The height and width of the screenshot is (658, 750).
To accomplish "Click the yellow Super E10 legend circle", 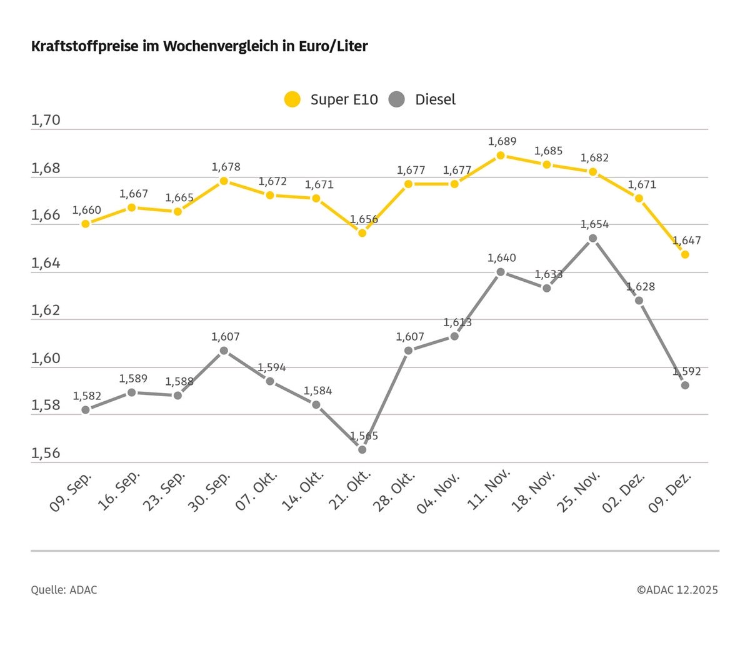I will click(x=292, y=99).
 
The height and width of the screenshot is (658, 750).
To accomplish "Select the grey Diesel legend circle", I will click(x=397, y=99).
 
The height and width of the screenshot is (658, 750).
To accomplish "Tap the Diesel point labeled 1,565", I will click(x=362, y=449).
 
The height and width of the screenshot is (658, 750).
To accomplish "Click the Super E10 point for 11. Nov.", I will click(x=501, y=155).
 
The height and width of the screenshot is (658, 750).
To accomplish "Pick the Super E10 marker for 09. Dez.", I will click(x=685, y=254).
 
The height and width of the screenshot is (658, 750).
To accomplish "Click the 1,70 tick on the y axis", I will click(x=46, y=120).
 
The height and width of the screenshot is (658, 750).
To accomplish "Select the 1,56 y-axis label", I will click(x=46, y=453).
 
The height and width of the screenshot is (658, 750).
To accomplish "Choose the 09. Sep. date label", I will click(x=71, y=492).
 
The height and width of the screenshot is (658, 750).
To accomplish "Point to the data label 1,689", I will click(x=502, y=141).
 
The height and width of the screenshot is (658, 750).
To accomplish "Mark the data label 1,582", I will click(x=87, y=396).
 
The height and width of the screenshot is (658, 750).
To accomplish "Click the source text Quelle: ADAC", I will click(x=64, y=589).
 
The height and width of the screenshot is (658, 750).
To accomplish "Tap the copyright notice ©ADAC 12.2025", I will click(x=677, y=589).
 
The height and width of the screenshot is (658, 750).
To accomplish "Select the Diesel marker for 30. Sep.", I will click(x=224, y=351).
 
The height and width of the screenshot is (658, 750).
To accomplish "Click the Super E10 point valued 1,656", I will click(x=362, y=232).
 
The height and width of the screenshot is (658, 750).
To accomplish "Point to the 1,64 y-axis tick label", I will click(x=46, y=263).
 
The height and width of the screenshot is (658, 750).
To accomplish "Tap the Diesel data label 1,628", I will click(x=641, y=287).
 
